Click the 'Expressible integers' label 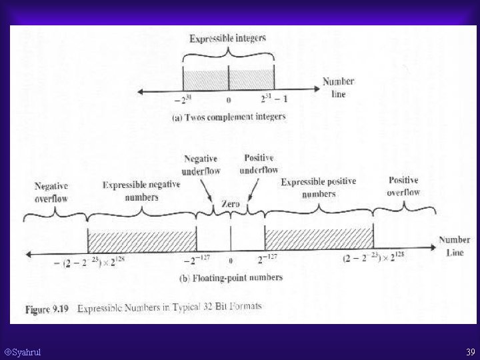(x=227, y=39)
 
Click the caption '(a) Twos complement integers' (x=229, y=117)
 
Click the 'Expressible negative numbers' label (x=141, y=191)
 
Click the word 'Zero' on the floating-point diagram (x=231, y=204)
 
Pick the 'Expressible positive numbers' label (x=318, y=187)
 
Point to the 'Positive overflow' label (x=403, y=186)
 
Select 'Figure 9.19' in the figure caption (x=45, y=309)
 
